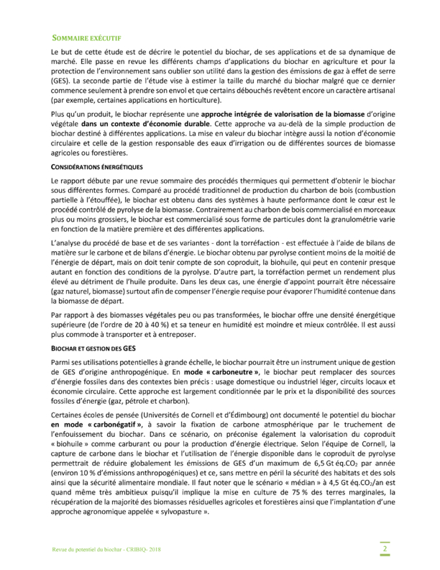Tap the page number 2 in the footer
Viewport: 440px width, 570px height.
click(x=385, y=550)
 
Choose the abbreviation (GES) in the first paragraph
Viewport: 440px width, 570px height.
click(x=61, y=81)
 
